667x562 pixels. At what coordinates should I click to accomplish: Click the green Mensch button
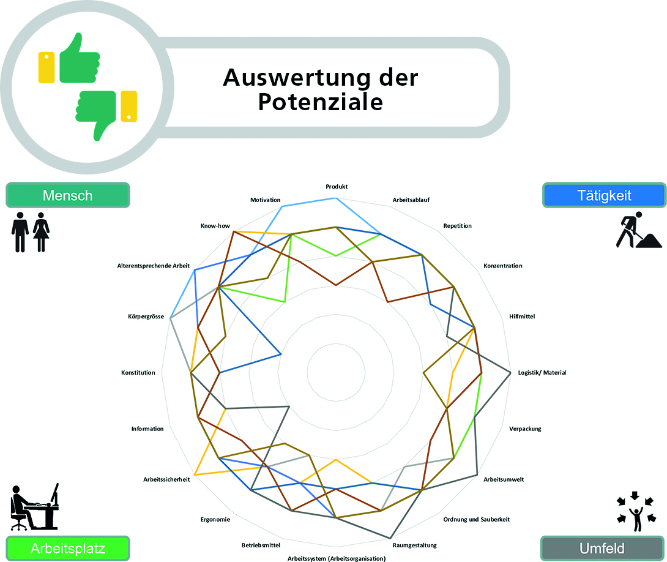68,195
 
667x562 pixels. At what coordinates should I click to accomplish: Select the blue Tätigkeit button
604,195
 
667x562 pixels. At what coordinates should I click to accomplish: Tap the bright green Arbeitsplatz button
68,549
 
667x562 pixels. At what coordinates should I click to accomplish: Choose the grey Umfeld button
602,549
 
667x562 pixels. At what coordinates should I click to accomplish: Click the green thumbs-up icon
79,58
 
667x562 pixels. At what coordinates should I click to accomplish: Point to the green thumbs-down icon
96,115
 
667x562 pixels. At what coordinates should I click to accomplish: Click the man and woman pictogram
30,232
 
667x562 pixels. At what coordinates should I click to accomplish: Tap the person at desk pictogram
34,507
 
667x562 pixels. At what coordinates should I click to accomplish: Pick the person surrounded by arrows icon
636,512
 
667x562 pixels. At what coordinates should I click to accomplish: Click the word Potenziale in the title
320,102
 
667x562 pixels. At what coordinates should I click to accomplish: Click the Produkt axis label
337,186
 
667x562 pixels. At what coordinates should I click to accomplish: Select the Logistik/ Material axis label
542,373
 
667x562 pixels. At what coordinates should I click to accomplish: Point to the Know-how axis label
215,225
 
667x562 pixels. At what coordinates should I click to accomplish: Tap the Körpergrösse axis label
146,317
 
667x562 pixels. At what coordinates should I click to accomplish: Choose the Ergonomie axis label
215,520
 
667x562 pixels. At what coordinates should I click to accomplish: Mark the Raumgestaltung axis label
415,545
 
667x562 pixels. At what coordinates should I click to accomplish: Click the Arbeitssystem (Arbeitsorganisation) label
337,558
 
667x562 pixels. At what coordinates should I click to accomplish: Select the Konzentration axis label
503,266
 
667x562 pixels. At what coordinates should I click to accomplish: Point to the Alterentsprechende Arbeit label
154,266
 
